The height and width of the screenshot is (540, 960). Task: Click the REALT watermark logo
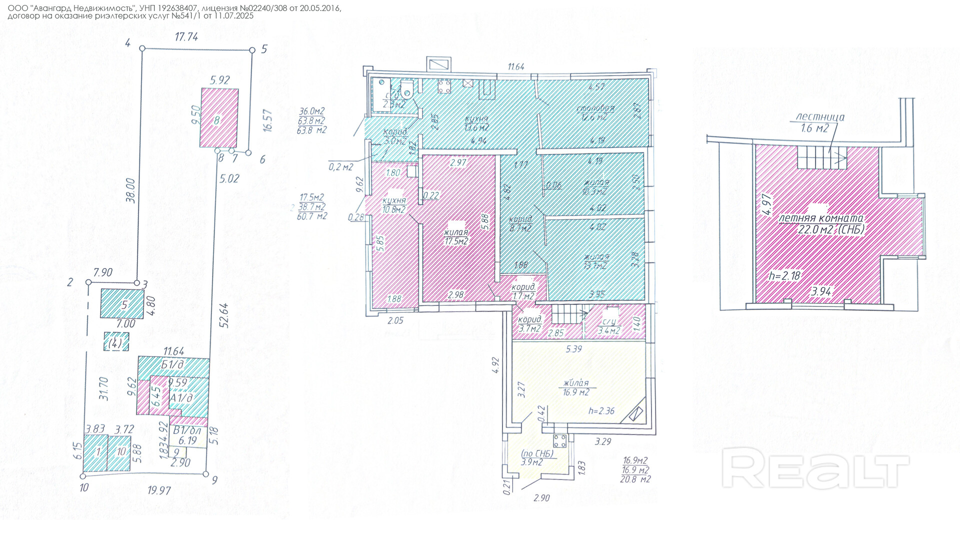click(x=815, y=468)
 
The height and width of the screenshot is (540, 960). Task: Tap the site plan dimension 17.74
click(x=186, y=36)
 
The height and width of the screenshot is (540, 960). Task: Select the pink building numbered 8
click(x=219, y=118)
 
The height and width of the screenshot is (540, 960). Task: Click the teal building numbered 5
click(x=122, y=303)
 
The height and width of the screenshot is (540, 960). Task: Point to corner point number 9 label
click(x=214, y=480)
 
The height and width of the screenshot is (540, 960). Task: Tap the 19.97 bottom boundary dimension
click(x=159, y=490)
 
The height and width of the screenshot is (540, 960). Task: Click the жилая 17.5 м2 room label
click(x=456, y=236)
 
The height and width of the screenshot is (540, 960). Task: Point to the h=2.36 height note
click(x=601, y=411)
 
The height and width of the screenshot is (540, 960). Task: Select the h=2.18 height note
click(x=784, y=275)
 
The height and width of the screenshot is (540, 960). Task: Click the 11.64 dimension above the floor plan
click(x=516, y=66)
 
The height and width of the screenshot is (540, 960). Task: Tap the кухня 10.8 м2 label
click(x=394, y=205)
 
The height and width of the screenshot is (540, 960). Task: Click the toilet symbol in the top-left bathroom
click(x=406, y=89)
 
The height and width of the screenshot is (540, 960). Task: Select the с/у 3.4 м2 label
click(x=609, y=326)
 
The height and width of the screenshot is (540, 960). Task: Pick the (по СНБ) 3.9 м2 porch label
click(x=537, y=457)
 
